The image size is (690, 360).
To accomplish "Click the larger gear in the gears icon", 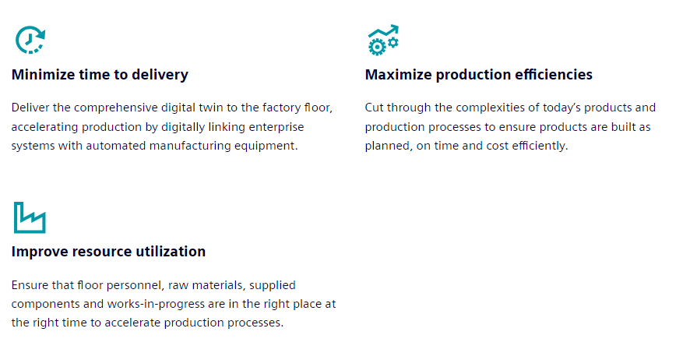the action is coord(377,47).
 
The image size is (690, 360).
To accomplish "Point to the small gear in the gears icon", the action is coord(393,42).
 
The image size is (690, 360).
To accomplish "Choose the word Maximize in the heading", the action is coord(398,74).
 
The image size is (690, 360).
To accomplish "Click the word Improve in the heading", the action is coord(40,252).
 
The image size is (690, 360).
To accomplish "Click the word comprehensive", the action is coord(116,108).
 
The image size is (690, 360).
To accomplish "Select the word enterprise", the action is coord(276,127).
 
